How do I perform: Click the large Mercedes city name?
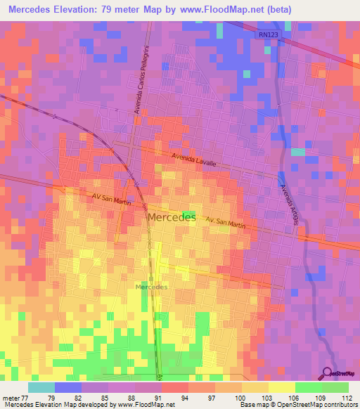click(172, 218)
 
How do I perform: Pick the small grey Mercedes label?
click(151, 287)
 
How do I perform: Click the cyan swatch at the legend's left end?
click(41, 387)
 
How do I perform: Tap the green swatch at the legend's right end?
click(335, 387)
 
